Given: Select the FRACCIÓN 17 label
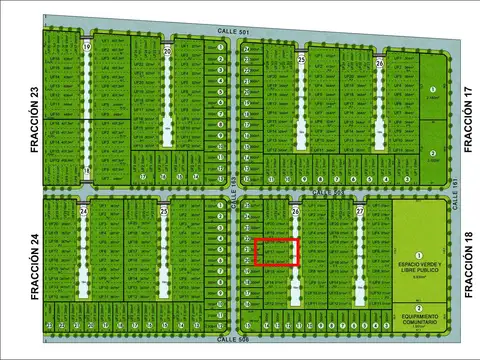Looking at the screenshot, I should [x=467, y=119].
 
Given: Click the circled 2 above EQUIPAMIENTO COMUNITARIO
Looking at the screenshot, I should [x=420, y=307].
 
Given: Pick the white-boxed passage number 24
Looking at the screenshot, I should [x=84, y=212].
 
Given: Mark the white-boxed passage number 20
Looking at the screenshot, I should [x=167, y=50].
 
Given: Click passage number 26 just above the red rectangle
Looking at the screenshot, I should [x=295, y=212].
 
